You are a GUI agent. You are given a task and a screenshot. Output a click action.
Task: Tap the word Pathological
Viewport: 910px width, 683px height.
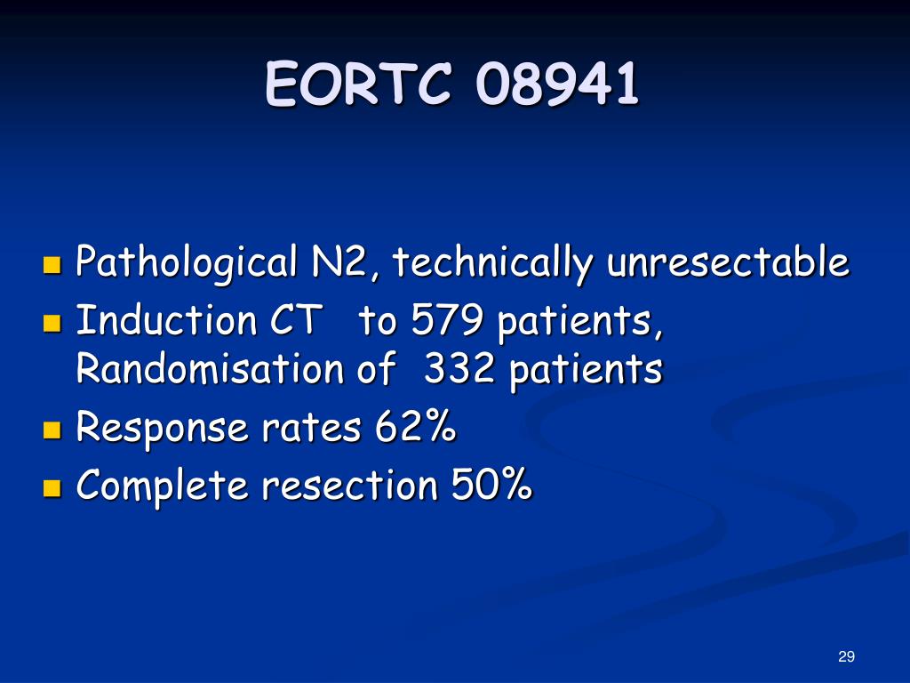[186, 263]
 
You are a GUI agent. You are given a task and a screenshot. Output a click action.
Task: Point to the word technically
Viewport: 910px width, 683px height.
[494, 263]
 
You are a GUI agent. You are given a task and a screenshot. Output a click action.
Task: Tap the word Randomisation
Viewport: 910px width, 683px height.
[210, 369]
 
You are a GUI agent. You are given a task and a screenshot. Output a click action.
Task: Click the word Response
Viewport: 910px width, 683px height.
[163, 429]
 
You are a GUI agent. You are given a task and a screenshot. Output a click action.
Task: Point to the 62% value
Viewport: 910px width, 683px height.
[416, 428]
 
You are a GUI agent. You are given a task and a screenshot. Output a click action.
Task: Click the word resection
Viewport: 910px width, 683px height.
[354, 486]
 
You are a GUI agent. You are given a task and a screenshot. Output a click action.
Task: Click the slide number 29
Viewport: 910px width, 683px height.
[846, 656]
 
